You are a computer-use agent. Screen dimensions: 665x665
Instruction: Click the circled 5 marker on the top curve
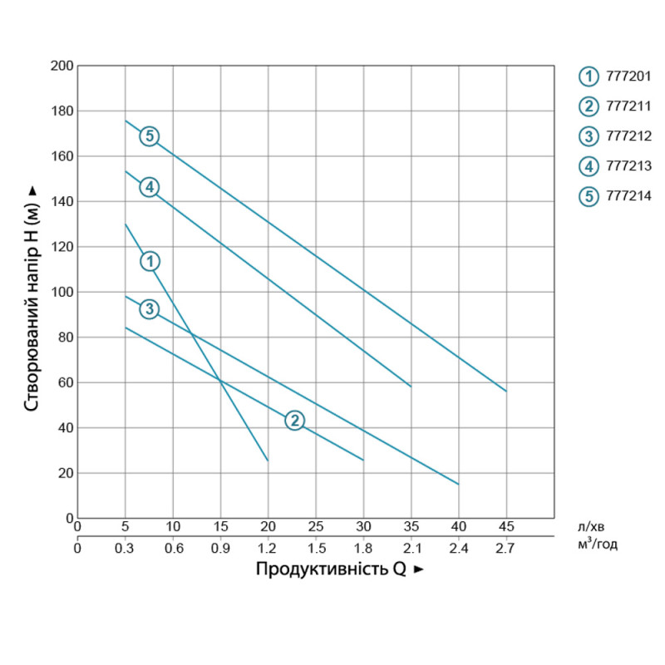(x=149, y=136)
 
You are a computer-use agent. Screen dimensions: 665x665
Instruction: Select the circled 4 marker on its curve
(x=149, y=187)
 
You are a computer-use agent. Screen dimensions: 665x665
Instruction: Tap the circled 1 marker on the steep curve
(x=150, y=261)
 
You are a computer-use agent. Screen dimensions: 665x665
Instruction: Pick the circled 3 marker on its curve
(x=149, y=309)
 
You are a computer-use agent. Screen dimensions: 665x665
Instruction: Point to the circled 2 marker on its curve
(x=294, y=421)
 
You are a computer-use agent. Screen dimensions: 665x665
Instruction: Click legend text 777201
(x=628, y=76)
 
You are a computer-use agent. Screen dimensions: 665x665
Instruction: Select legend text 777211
(x=628, y=106)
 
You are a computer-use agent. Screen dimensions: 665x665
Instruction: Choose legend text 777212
(x=628, y=136)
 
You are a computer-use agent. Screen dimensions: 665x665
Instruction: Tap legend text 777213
(x=628, y=166)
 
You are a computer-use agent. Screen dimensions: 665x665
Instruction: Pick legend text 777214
(x=628, y=196)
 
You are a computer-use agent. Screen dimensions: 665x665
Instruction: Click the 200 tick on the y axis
(x=62, y=66)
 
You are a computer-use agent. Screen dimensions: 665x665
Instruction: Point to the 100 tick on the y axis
(x=62, y=292)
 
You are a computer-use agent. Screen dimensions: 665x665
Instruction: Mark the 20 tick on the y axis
(x=66, y=473)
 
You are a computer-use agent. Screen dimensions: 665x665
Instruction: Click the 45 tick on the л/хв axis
(x=505, y=527)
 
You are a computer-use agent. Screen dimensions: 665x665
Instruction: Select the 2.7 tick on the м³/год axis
(x=505, y=548)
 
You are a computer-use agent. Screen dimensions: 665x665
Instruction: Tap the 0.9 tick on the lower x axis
(x=220, y=548)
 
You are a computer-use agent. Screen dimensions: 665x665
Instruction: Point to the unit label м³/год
(x=596, y=546)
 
